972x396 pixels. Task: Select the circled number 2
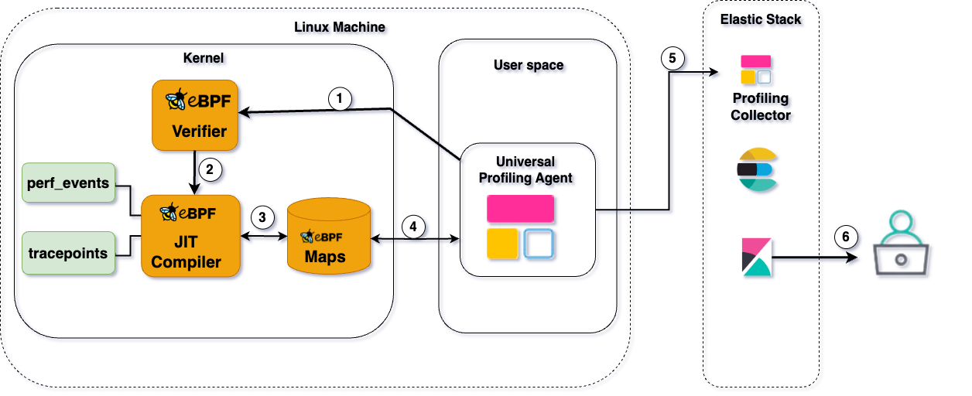(x=207, y=166)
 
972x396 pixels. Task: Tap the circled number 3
(x=263, y=217)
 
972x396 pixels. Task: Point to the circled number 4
(x=414, y=227)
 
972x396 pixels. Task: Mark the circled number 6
(x=846, y=237)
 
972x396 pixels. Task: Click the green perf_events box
(x=69, y=184)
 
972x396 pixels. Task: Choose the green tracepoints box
(x=69, y=252)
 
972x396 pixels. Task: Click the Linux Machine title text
(x=340, y=27)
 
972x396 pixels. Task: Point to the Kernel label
(x=204, y=58)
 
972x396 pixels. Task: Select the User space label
(x=529, y=65)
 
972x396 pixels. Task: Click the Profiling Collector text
(x=761, y=107)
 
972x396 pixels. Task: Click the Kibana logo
(x=756, y=256)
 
